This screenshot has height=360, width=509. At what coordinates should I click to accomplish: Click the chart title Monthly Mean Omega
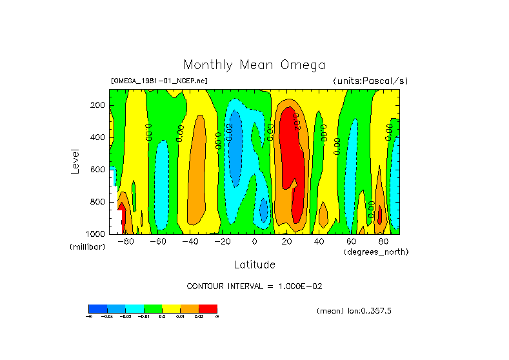254,65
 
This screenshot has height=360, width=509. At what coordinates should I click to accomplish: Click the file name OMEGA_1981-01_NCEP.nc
159,81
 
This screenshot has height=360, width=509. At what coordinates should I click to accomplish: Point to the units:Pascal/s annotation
370,81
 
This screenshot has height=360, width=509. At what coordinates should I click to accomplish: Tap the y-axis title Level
75,161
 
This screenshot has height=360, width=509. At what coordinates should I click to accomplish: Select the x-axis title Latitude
254,265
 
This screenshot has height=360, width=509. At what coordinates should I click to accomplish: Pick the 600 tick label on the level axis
97,170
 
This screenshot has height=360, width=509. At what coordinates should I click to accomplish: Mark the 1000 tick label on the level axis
95,234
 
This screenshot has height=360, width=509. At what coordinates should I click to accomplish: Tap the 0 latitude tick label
255,242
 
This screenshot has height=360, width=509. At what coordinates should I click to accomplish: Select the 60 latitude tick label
352,242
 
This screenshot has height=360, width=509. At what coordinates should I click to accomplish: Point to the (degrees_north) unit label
376,252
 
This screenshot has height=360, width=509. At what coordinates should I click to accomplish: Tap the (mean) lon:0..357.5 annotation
354,311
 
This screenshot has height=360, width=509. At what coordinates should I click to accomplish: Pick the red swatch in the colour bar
208,308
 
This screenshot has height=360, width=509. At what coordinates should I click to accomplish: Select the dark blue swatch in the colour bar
97,308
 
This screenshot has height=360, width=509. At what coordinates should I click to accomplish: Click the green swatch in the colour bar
153,308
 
